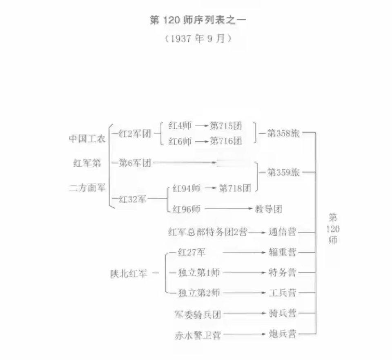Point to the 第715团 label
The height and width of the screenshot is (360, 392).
[226, 126]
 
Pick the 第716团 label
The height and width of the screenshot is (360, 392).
[226, 141]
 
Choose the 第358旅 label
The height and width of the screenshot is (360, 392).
[284, 133]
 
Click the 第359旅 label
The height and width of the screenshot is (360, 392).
[284, 172]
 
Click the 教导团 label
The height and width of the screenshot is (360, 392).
[268, 209]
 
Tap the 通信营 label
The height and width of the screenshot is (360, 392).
[282, 233]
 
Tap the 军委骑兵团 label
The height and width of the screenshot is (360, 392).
[197, 315]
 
